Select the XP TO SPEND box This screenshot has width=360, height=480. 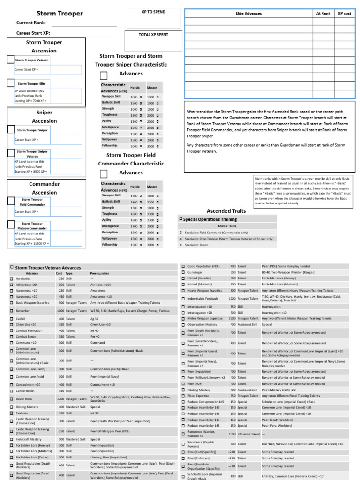[153, 18]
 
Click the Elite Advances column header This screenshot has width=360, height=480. [248, 14]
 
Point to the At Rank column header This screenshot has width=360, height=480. [323, 14]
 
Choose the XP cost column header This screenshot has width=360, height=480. [344, 14]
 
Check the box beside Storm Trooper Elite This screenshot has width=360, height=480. [11, 83]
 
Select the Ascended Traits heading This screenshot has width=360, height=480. [226, 211]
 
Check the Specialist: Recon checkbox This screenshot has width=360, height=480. [180, 245]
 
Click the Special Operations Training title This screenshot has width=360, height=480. [209, 219]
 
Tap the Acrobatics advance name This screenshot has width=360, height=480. [23, 278]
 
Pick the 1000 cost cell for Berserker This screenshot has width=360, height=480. [60, 311]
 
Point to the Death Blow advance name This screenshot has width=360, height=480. [23, 399]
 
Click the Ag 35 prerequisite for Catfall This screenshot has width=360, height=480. [95, 319]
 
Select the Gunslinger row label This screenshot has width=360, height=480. [195, 272]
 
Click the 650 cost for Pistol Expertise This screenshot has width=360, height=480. [232, 396]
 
